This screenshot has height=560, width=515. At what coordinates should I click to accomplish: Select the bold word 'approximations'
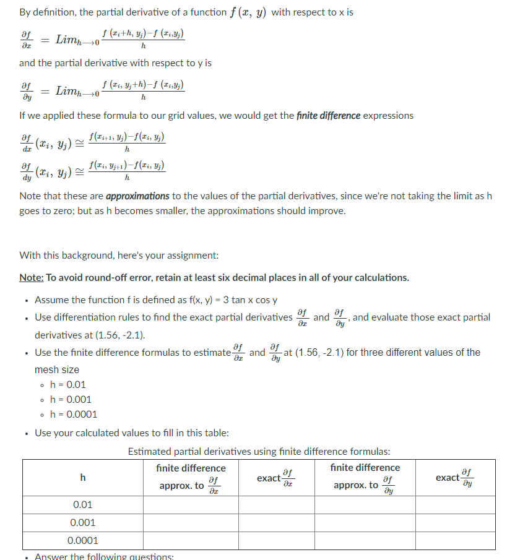point(138,196)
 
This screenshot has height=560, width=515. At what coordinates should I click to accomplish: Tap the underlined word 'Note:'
point(32,277)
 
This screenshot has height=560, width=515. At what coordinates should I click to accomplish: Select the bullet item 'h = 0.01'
point(68,384)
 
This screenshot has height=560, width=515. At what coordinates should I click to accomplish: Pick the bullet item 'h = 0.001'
point(71,399)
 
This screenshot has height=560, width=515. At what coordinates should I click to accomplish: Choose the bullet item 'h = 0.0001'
point(73,414)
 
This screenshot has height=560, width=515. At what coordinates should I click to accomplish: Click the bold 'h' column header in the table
point(83,477)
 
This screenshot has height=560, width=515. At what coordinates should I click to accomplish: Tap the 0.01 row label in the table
point(83,505)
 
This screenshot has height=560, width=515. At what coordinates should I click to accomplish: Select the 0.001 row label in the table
point(83,523)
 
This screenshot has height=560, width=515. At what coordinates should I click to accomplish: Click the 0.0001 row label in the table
point(83,541)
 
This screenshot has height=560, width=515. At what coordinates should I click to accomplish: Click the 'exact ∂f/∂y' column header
point(455,477)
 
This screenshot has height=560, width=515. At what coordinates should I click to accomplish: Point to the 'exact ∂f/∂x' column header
point(276,477)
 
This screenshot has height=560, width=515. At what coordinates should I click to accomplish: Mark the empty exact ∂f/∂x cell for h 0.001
point(276,523)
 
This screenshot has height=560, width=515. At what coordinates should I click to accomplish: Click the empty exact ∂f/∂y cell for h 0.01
point(455,505)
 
